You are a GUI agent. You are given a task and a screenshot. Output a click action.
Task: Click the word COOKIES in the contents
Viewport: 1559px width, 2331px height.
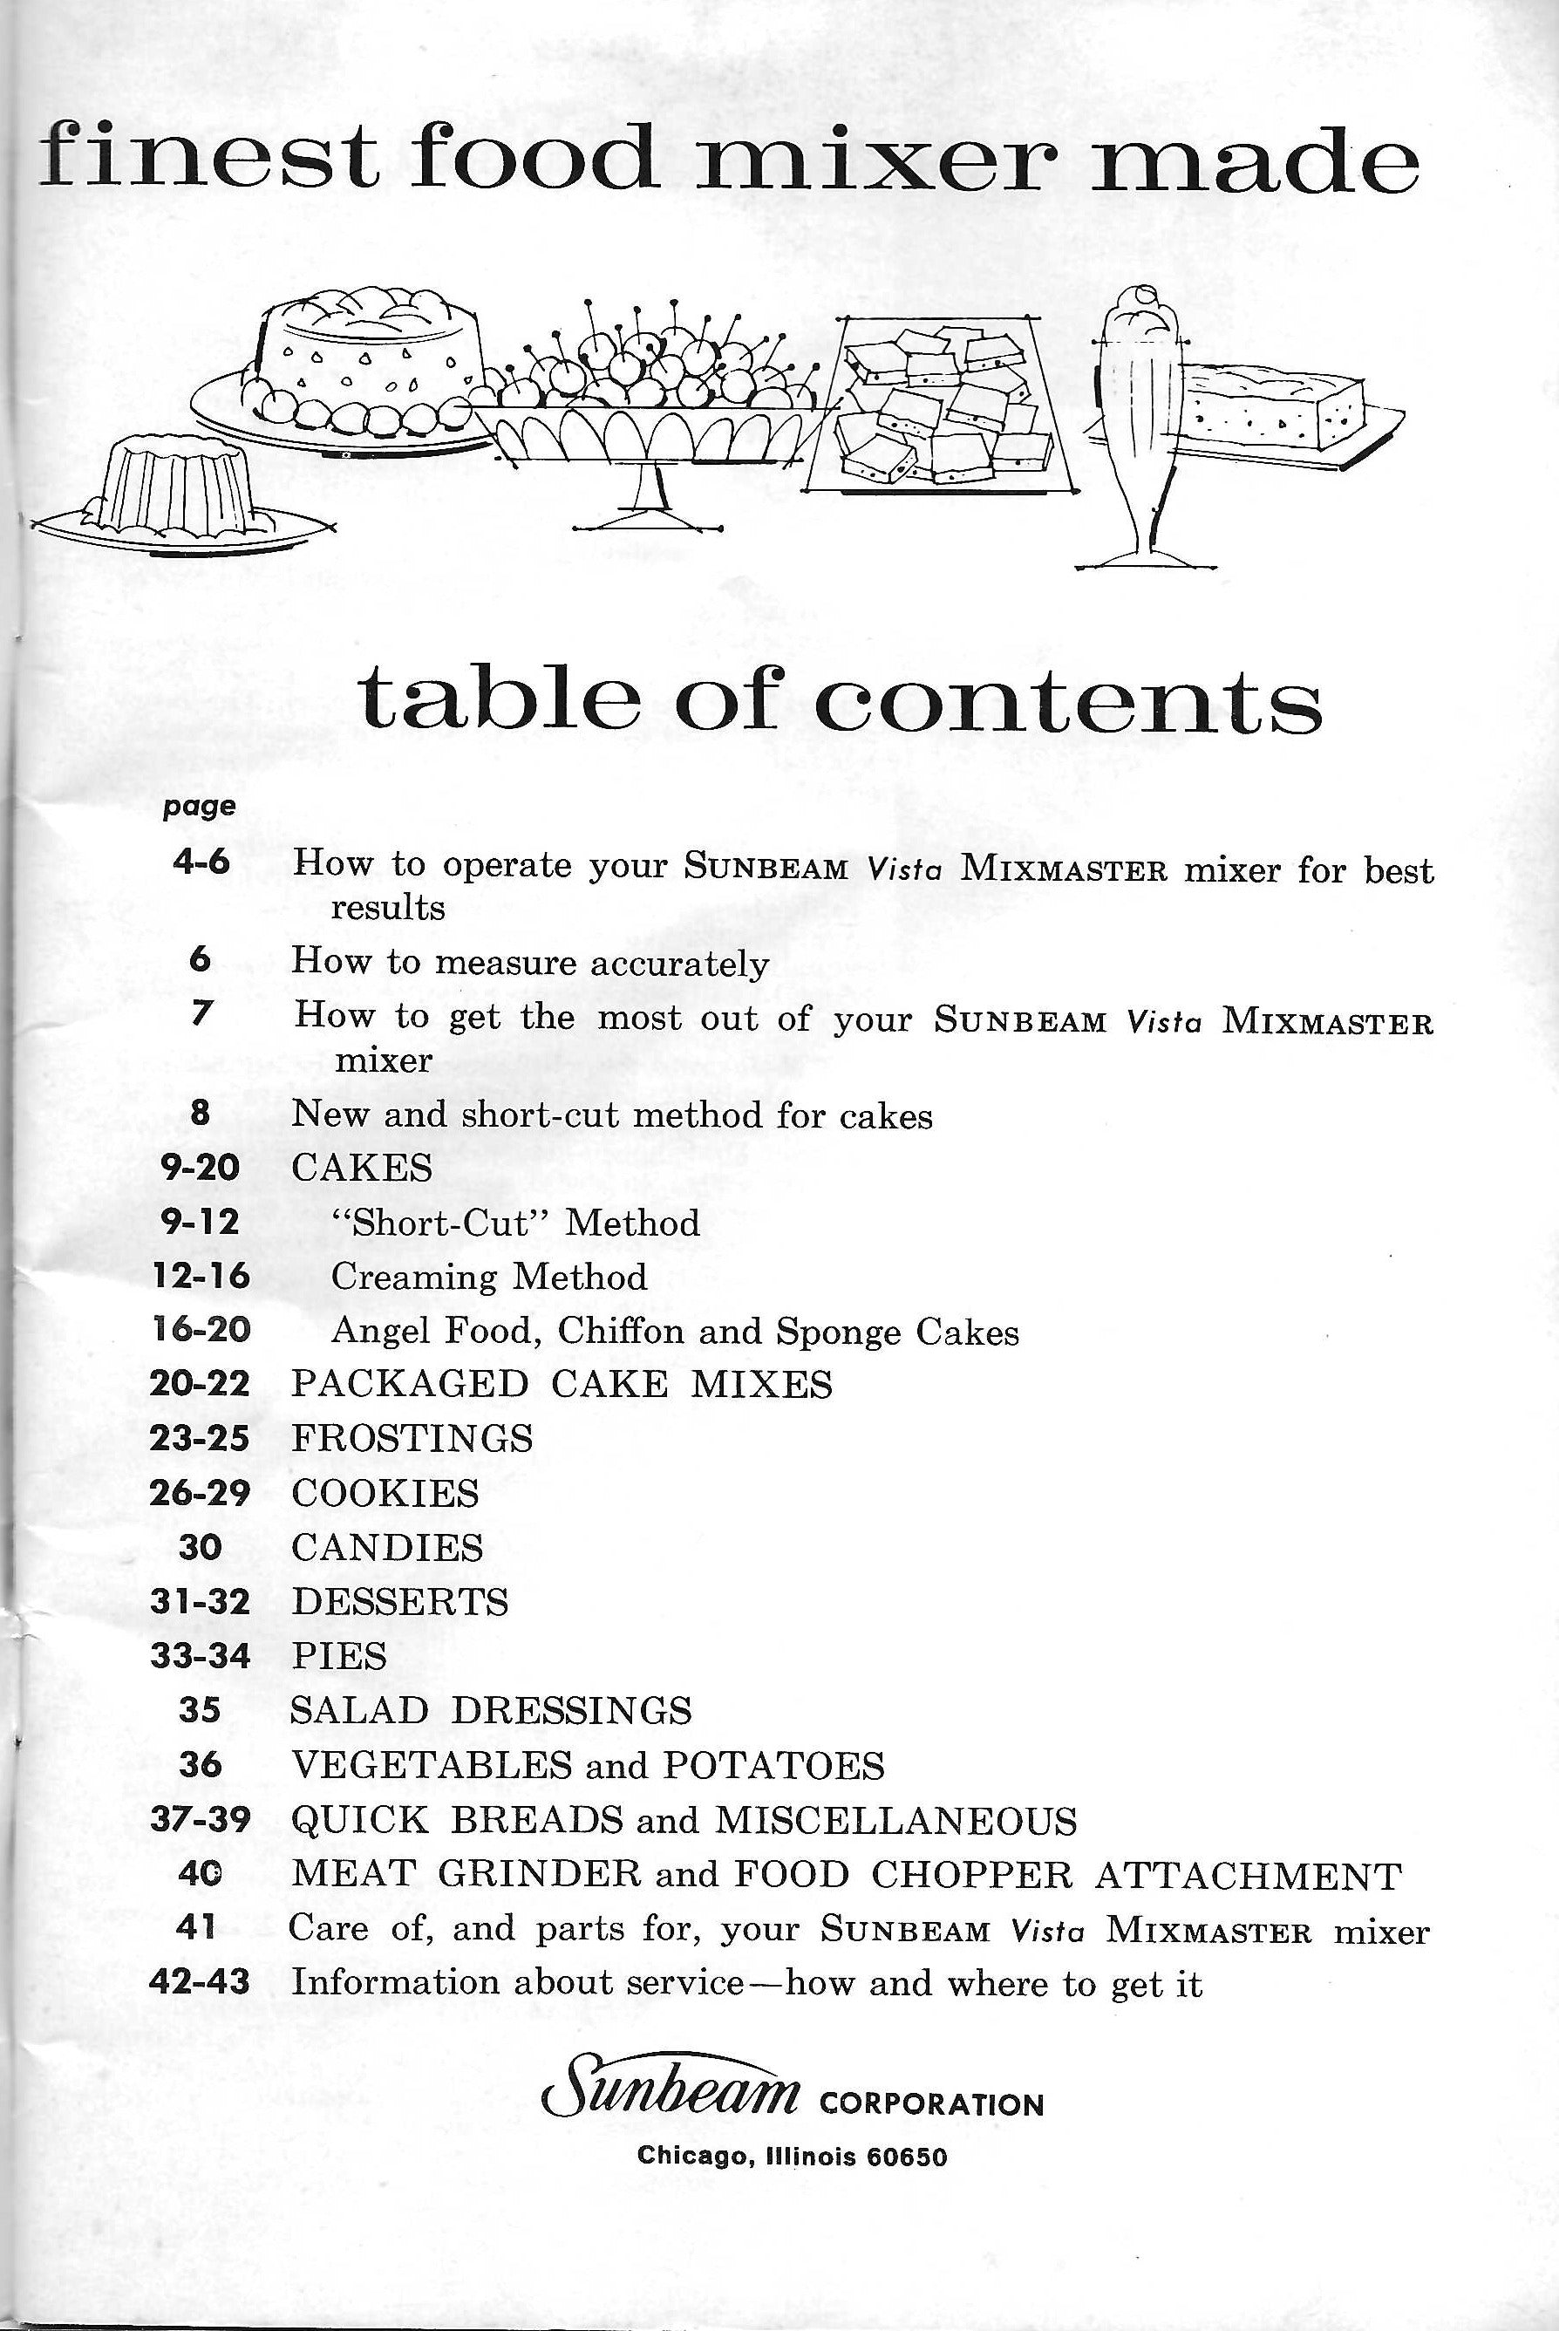(385, 1493)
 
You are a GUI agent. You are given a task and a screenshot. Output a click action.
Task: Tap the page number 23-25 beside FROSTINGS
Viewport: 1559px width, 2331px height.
(199, 1438)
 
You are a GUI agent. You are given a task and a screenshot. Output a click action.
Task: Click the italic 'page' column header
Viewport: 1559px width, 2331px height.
(199, 807)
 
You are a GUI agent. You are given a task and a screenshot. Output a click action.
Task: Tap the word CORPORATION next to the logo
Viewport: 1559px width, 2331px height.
(931, 2105)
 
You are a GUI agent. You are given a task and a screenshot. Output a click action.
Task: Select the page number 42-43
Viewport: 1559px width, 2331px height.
(199, 1982)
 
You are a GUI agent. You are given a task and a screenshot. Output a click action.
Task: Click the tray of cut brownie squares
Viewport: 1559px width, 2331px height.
(942, 410)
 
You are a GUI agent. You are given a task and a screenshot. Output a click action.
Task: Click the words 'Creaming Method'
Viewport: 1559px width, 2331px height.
(488, 1277)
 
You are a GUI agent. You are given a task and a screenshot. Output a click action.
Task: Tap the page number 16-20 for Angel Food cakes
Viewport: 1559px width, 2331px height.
(201, 1330)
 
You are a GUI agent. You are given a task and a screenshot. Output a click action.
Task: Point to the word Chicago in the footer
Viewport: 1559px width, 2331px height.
(692, 2156)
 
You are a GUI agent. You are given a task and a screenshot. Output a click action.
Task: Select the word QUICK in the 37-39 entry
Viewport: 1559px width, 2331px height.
(359, 1820)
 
